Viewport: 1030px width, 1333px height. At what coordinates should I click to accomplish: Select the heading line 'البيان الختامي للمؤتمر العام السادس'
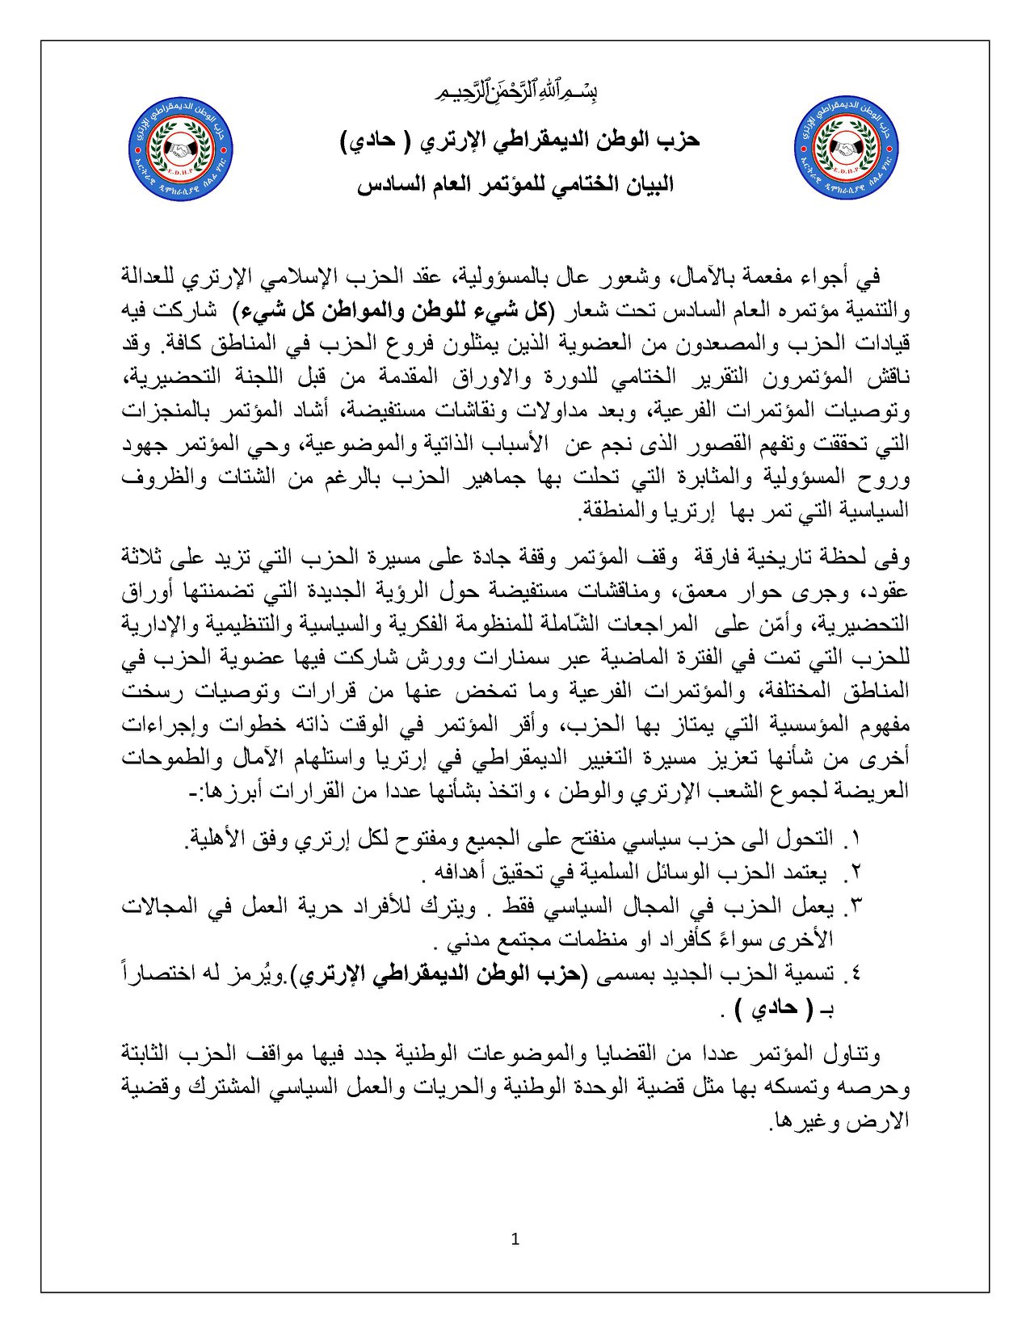pos(515,185)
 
